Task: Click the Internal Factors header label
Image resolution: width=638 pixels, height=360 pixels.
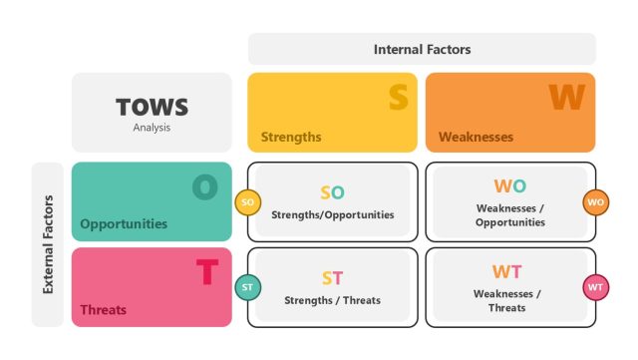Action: point(422,49)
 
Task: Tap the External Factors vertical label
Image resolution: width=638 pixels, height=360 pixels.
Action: point(48,244)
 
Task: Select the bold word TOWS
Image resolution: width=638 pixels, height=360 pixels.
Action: point(152,107)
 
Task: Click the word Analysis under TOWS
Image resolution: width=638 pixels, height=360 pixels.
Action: point(152,127)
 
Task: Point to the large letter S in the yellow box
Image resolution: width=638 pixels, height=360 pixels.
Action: point(398,97)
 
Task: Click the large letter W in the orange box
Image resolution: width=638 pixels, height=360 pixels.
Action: point(566,97)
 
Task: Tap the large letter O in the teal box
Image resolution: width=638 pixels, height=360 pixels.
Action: point(204,186)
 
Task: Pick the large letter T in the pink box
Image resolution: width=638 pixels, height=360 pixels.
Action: point(206,271)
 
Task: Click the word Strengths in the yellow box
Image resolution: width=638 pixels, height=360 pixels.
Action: point(291,137)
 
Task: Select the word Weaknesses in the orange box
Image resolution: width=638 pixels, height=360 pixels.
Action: point(476,137)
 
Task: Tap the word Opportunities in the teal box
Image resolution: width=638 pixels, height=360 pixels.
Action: point(124,223)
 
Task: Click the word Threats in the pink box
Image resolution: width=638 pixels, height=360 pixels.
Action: point(104,309)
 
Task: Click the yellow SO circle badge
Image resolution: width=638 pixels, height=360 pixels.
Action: point(248,202)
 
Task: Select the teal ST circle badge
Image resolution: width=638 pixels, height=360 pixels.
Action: point(248,287)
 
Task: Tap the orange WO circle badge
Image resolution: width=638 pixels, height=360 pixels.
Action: point(596,202)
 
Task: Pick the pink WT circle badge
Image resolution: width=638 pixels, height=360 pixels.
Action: point(596,287)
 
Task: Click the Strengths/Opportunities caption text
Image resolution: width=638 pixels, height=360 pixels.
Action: point(332,214)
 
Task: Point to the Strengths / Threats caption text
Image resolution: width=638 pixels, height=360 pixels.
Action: point(332,300)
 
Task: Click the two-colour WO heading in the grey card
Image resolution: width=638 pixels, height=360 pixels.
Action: point(510,185)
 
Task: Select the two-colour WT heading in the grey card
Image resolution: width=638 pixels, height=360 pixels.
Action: point(506,271)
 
